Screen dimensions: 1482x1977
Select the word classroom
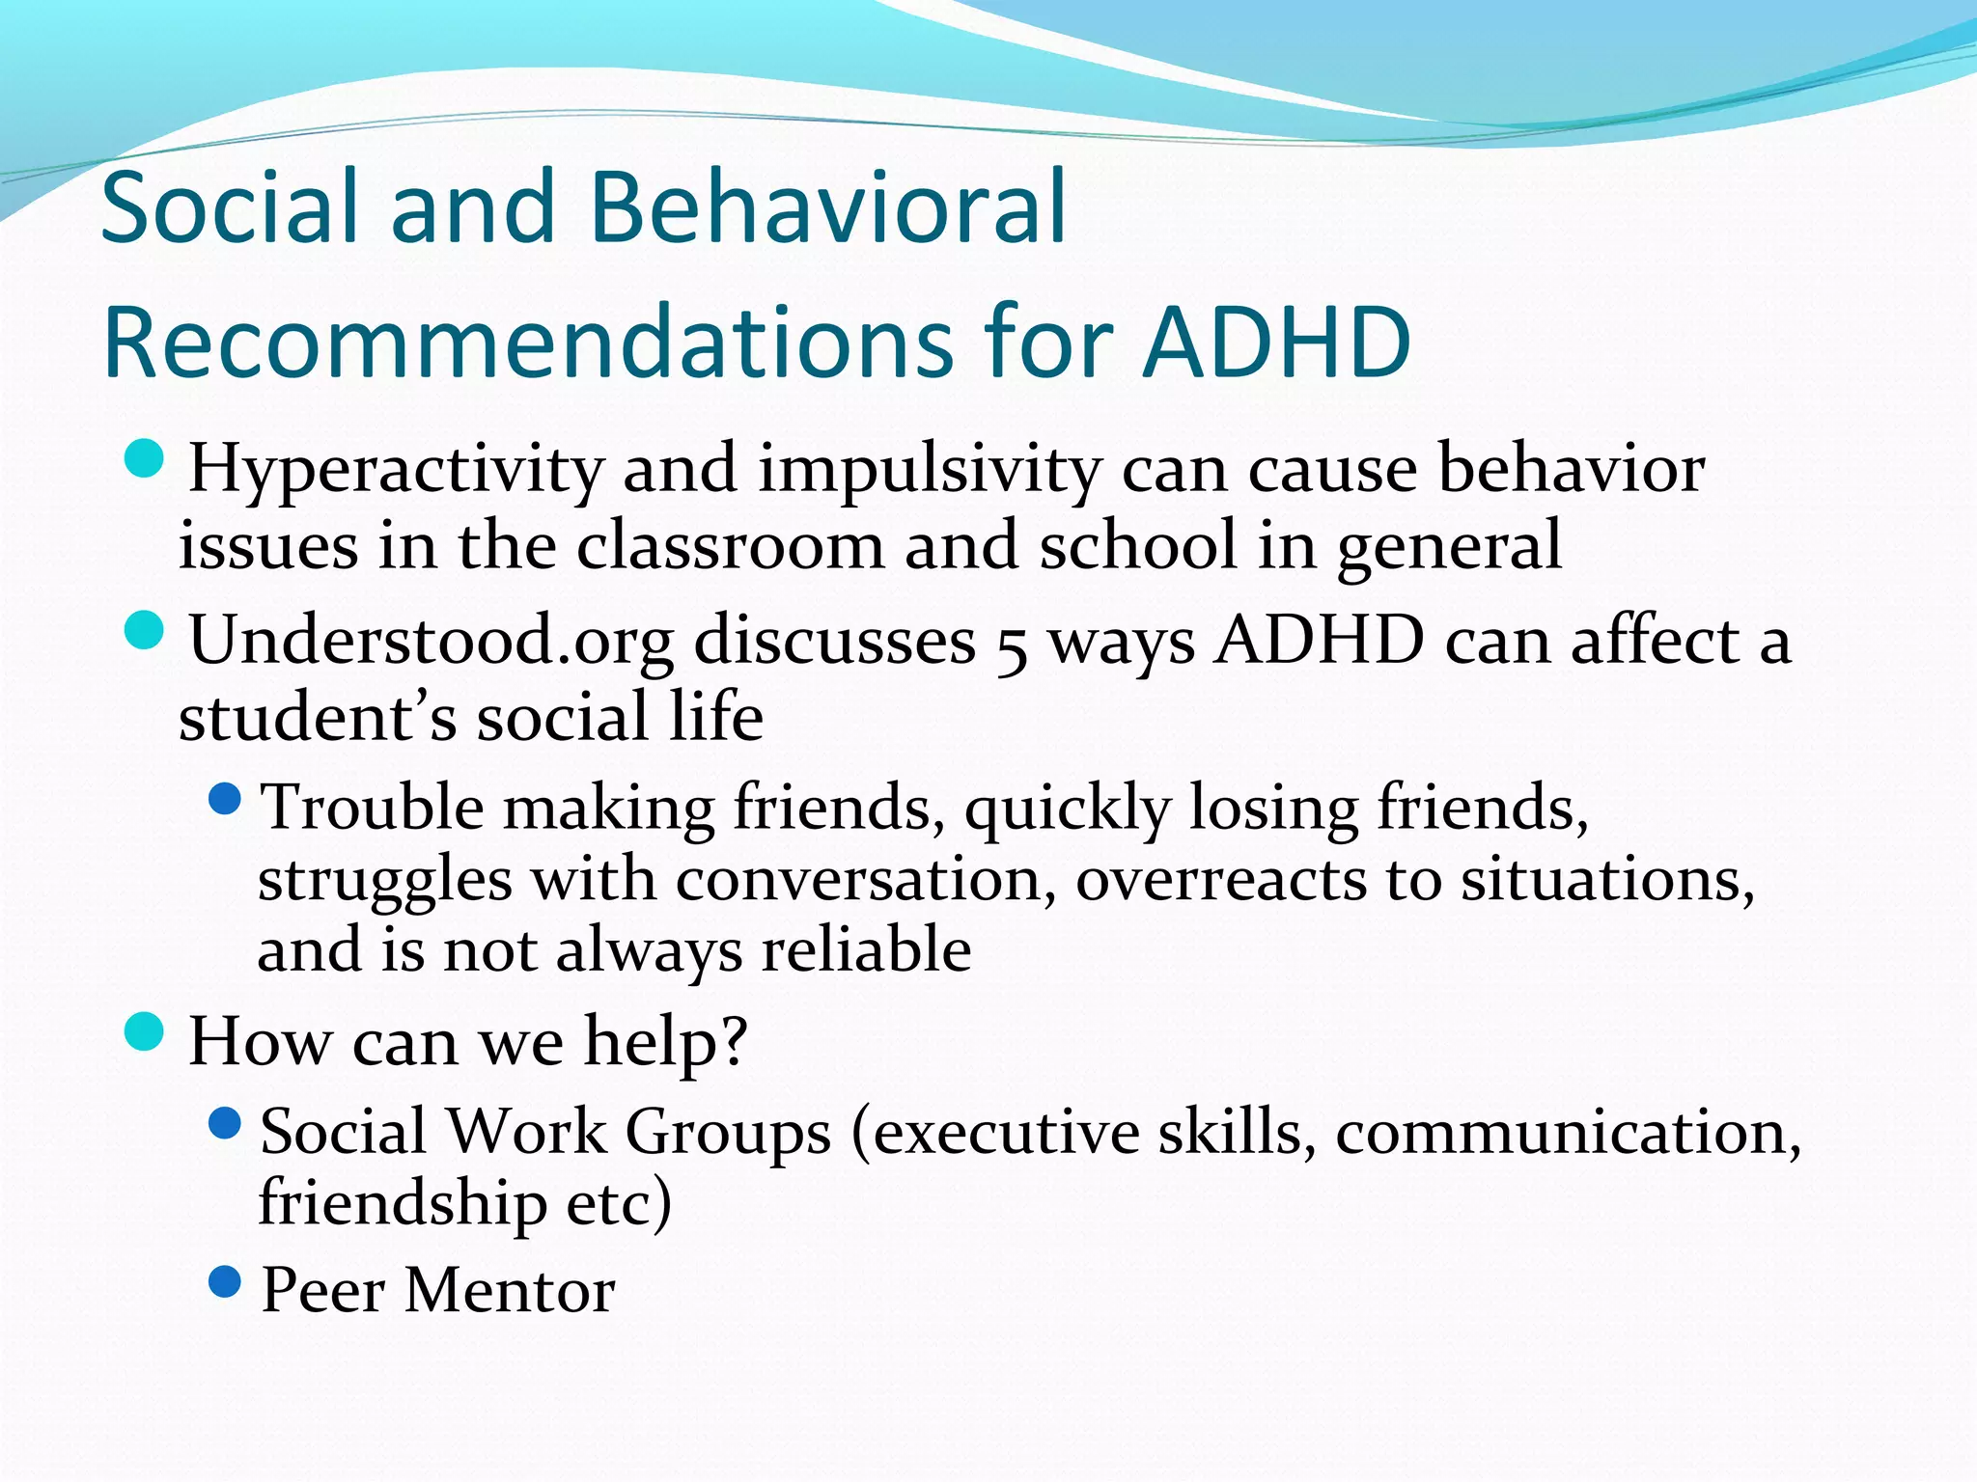[730, 546]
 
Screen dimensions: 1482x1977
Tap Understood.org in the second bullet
[432, 641]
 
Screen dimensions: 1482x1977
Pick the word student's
[318, 718]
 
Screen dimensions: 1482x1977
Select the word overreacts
[1220, 880]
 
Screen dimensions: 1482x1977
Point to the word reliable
[866, 949]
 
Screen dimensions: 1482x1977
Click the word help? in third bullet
[665, 1042]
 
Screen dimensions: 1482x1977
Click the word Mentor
[509, 1291]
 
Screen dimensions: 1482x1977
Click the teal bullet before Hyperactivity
[145, 459]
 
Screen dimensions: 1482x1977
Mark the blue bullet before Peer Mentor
[225, 1282]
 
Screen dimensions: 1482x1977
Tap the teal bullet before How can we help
[145, 1031]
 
